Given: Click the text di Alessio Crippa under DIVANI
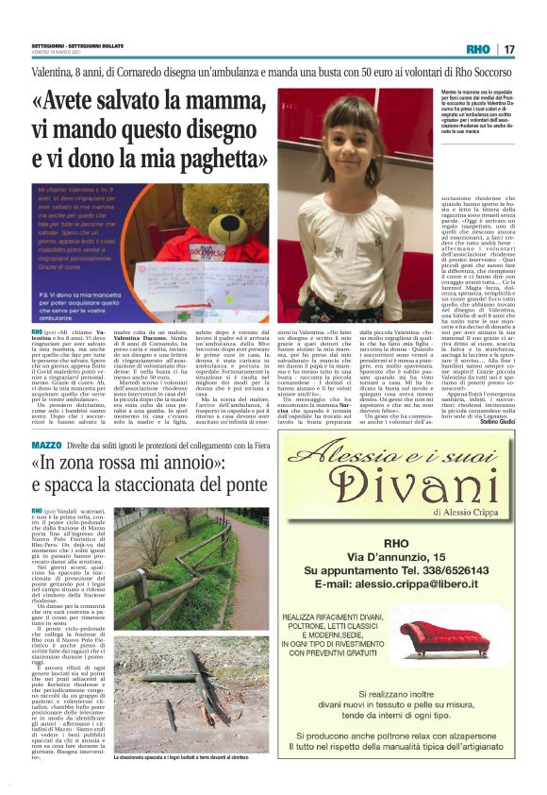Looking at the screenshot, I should click(467, 510).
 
